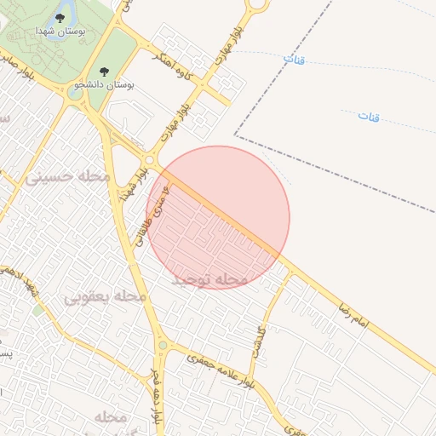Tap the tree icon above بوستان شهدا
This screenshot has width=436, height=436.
60,16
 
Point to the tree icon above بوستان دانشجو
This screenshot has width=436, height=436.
105,72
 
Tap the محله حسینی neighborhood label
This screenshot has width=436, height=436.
68,177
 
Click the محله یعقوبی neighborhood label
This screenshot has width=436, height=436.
106,297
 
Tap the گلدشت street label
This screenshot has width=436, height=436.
261,340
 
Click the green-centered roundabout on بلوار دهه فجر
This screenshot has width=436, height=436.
161,346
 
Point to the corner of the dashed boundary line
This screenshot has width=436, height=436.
235,135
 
